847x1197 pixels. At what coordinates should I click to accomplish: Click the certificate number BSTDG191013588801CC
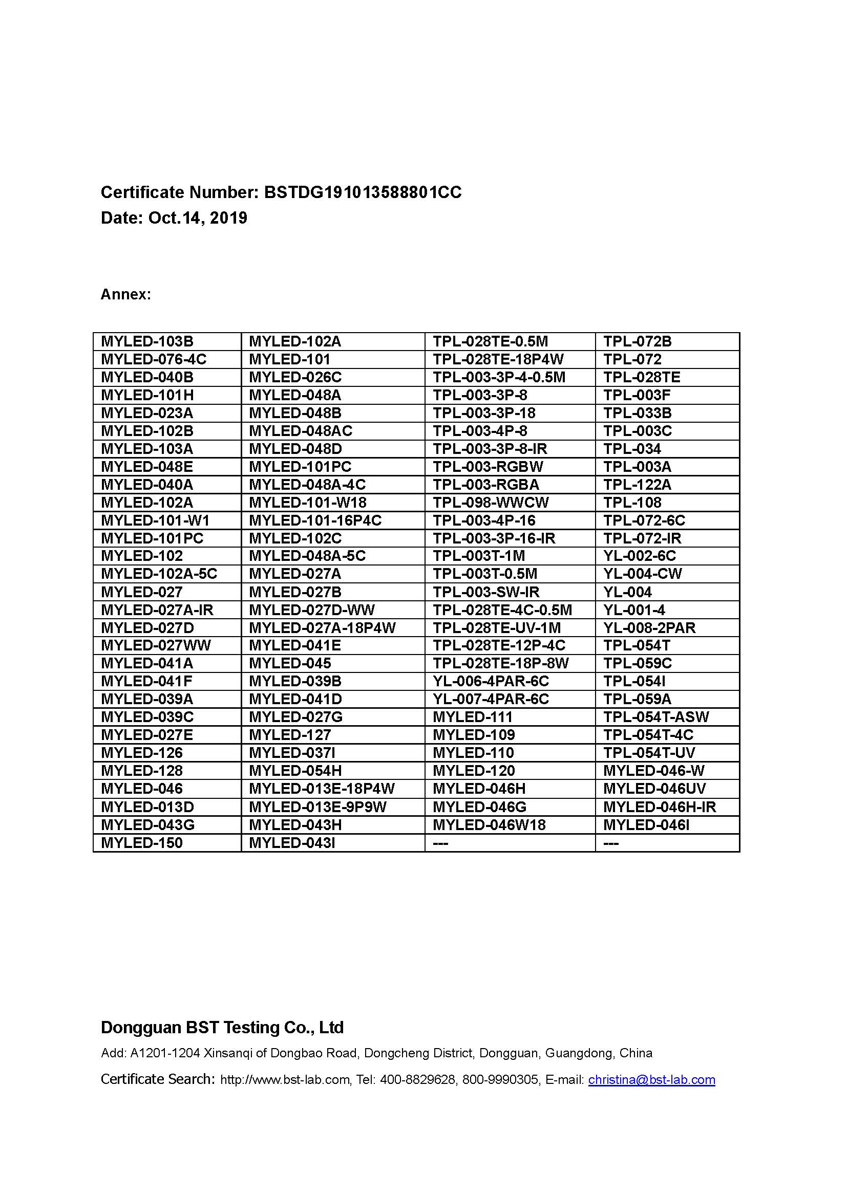click(x=363, y=192)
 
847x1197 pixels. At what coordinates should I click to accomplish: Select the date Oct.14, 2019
click(x=198, y=218)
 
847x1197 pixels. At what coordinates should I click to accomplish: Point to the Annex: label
click(x=125, y=295)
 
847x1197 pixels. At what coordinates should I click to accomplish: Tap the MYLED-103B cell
click(x=147, y=341)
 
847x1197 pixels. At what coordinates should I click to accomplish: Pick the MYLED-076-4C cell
click(x=154, y=359)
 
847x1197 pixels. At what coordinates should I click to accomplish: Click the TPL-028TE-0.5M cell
click(x=490, y=341)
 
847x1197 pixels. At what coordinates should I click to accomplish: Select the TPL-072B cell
click(x=638, y=341)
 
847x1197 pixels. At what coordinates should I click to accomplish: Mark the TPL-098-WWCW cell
click(x=491, y=503)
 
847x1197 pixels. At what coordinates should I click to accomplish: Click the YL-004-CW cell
click(x=643, y=574)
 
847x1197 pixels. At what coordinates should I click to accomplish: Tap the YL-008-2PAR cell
click(x=649, y=627)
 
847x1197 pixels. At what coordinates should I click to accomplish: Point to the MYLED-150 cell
click(x=142, y=843)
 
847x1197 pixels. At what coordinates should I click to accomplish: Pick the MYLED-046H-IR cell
click(x=660, y=807)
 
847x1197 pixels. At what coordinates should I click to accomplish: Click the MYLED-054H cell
click(x=295, y=771)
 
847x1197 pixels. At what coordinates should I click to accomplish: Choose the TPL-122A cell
click(x=638, y=484)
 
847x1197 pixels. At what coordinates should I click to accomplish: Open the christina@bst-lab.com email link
click(x=651, y=1080)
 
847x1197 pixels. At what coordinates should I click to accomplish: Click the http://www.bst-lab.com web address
click(x=285, y=1080)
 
